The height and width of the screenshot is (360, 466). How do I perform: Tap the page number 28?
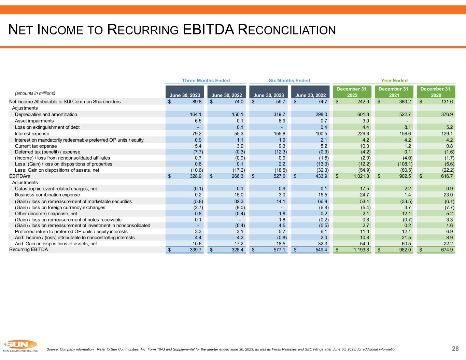(455, 348)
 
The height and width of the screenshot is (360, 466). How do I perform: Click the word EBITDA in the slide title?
(208, 30)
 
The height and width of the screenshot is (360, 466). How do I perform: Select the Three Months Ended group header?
(206, 81)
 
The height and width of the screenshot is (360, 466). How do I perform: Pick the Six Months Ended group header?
(289, 81)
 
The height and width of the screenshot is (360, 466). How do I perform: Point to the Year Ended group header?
(394, 81)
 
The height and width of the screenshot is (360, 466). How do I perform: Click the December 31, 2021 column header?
(394, 92)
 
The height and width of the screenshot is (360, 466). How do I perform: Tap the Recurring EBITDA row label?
(28, 249)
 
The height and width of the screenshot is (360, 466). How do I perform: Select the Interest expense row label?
(32, 133)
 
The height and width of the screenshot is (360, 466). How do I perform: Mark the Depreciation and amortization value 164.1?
(196, 114)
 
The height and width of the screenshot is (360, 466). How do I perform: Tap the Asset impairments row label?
(34, 121)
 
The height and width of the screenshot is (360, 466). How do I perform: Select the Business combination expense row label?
(47, 195)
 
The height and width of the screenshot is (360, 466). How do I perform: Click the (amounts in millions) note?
(34, 93)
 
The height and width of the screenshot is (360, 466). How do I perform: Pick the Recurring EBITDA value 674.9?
(446, 250)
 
